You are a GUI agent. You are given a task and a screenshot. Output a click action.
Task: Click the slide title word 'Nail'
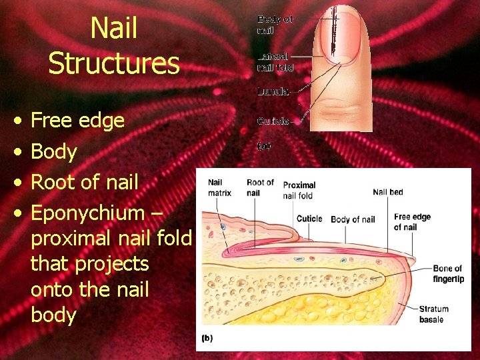pos(113,28)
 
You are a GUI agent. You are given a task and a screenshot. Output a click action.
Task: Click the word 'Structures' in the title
pos(113,63)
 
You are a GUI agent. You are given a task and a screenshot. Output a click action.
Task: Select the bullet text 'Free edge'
pos(78,121)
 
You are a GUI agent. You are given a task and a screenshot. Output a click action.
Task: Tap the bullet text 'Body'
pos(54,151)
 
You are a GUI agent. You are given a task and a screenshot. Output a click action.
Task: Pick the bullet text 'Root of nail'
pos(85,182)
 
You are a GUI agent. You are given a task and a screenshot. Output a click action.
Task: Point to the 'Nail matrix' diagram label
pos(219,188)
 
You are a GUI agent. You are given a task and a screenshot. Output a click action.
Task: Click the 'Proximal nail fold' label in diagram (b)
pos(299,190)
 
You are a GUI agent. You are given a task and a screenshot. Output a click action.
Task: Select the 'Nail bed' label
pos(387,192)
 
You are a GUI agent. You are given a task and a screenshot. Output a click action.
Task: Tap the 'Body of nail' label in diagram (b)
pos(353,219)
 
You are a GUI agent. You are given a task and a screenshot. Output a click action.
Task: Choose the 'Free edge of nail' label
pos(412,222)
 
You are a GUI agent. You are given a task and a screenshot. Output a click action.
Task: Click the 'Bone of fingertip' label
pos(448,274)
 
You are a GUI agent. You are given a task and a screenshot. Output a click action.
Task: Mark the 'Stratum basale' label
pos(434,314)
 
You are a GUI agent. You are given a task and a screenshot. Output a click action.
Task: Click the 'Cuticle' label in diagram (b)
pos(309,219)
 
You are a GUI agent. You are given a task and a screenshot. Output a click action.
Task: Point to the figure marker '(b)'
pos(207,338)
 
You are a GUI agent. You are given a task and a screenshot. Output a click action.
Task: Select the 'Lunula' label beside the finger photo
pos(273,92)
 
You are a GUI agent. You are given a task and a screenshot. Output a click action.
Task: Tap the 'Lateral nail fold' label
pos(275,63)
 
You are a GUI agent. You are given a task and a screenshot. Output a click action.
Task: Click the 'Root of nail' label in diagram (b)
pos(260,188)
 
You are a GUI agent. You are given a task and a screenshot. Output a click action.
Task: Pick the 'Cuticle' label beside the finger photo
pos(273,121)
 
